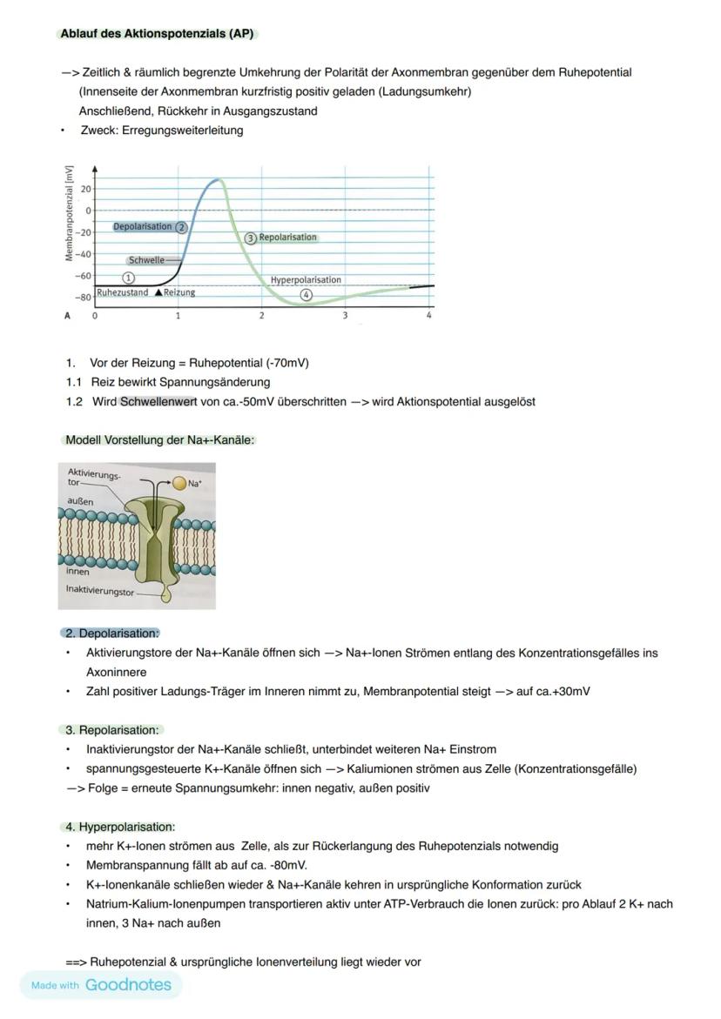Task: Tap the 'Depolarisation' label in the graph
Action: click(x=143, y=226)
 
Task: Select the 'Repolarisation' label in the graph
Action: click(x=287, y=237)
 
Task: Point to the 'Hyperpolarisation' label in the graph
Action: click(x=306, y=280)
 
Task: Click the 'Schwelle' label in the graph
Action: click(x=146, y=260)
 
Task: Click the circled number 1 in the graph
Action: click(x=128, y=278)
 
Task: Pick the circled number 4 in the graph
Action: click(x=306, y=295)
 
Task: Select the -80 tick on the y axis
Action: click(x=84, y=298)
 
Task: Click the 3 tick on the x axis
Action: click(x=345, y=316)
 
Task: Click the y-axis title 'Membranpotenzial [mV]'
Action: click(x=68, y=214)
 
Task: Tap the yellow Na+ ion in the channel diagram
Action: click(x=179, y=483)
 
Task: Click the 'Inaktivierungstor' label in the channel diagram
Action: click(x=100, y=589)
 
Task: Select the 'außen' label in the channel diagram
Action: click(x=80, y=501)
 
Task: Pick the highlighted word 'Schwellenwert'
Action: click(x=158, y=401)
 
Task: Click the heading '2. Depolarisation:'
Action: click(x=112, y=634)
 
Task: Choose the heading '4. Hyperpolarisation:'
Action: click(x=120, y=827)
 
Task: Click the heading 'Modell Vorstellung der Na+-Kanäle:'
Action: click(x=159, y=440)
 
